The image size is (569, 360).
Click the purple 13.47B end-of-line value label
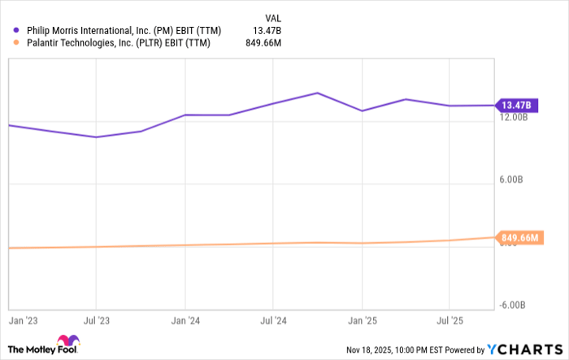coord(516,105)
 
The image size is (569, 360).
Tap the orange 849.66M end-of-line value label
coord(519,238)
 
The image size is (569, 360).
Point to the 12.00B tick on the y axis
coord(514,118)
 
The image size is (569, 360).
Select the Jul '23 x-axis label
coord(97,321)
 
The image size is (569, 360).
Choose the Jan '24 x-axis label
coord(185,321)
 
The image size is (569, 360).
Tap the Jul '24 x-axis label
coord(274,321)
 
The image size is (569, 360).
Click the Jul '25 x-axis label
coord(450,321)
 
